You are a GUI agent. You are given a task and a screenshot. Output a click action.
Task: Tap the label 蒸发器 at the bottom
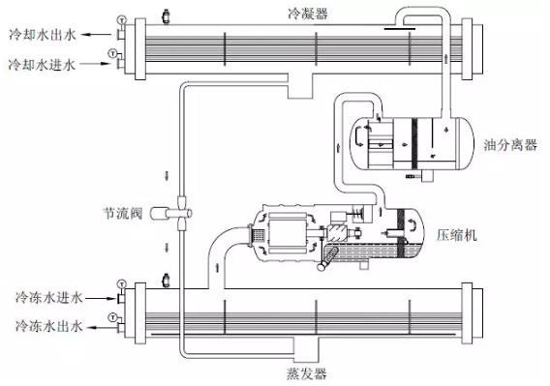click(x=307, y=373)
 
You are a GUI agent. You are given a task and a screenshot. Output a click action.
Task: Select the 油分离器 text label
click(x=510, y=144)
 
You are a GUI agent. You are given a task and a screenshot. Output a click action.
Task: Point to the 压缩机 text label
click(x=457, y=235)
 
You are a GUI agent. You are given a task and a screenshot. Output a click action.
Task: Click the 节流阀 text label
click(x=122, y=213)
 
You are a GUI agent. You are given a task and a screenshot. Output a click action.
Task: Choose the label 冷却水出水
click(x=42, y=35)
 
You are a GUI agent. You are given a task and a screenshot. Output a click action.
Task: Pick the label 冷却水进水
click(x=42, y=65)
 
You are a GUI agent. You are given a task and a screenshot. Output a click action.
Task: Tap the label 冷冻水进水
click(x=48, y=298)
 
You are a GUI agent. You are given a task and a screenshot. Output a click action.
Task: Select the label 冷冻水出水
click(x=48, y=326)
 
